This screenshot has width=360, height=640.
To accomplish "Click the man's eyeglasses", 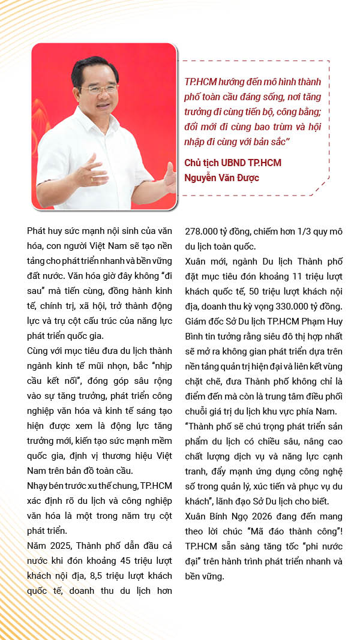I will click(x=101, y=88).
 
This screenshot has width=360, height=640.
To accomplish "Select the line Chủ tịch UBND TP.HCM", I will click(x=233, y=163).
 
